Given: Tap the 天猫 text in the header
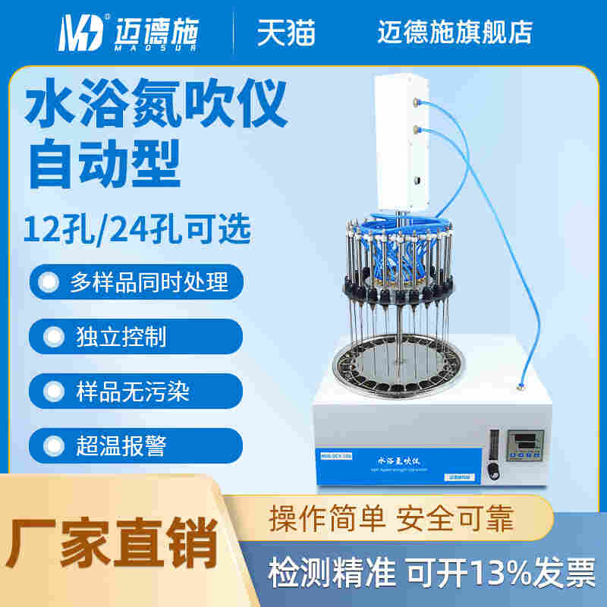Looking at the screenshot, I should tap(285, 32).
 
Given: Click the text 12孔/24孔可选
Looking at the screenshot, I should tap(137, 229).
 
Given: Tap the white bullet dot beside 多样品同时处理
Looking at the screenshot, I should tap(49, 283).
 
